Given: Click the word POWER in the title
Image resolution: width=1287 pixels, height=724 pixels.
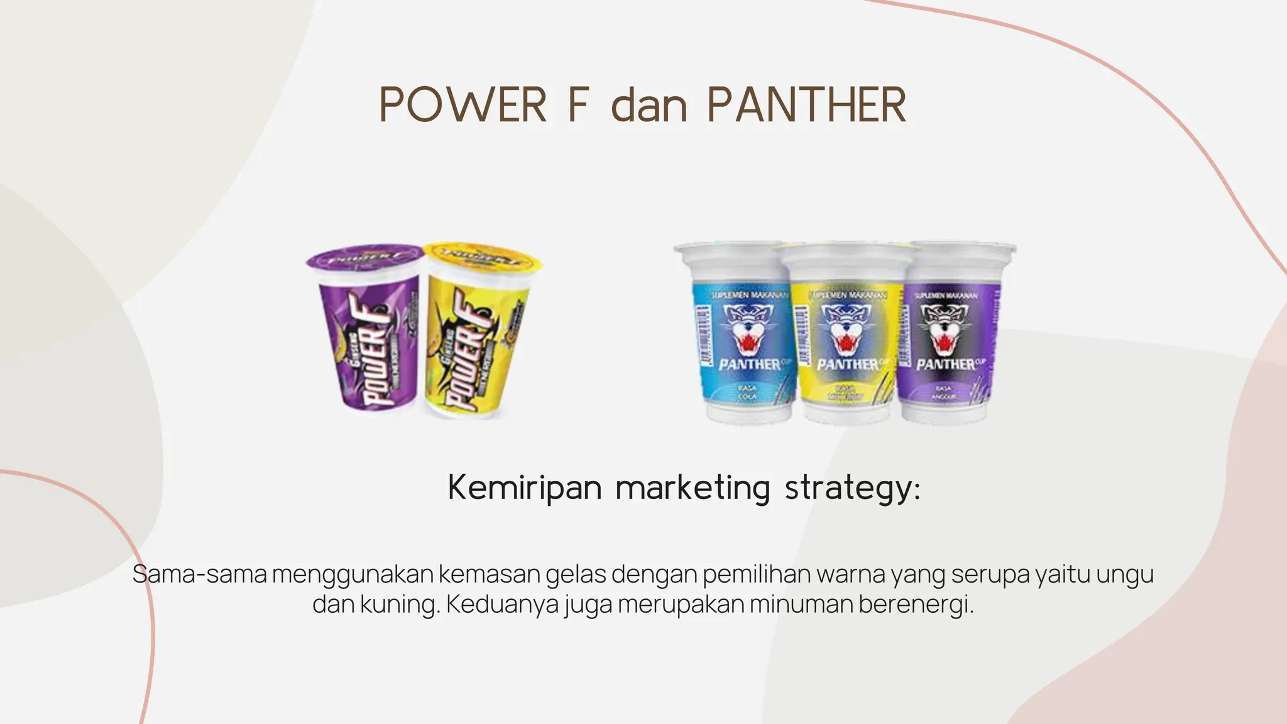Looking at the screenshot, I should coord(463,105).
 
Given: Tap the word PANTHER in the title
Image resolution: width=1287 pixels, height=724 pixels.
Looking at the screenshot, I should coord(807,105).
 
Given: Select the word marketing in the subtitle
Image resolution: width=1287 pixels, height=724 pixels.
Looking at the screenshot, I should coord(693,488).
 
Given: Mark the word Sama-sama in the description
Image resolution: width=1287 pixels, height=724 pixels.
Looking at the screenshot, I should coord(200,575).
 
